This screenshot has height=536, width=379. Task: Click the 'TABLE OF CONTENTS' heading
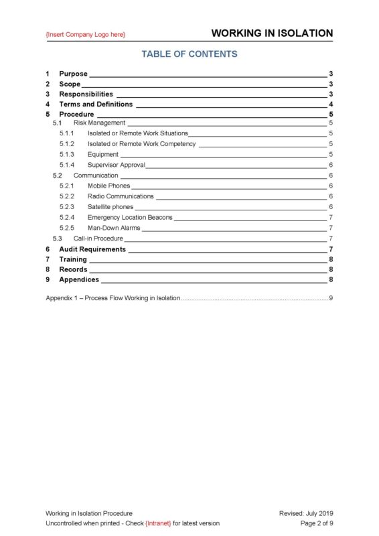[189, 54]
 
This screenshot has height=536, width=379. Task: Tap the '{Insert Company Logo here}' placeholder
[85, 34]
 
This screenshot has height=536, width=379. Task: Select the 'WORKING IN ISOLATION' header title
[272, 33]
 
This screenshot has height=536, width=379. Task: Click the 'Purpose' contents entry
[73, 74]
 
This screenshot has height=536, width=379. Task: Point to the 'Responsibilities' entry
[86, 94]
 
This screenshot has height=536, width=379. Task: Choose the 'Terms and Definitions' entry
[96, 105]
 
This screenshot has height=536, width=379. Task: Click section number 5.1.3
[66, 154]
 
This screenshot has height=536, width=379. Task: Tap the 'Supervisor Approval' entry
[116, 165]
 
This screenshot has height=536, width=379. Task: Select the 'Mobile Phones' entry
[108, 186]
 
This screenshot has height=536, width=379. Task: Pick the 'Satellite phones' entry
[110, 207]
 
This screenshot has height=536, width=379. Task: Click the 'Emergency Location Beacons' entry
[130, 217]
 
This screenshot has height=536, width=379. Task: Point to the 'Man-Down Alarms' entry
[114, 228]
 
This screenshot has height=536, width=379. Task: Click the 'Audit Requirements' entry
[92, 249]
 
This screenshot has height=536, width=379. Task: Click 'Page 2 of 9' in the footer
[317, 523]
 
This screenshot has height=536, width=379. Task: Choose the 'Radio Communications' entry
[121, 196]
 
